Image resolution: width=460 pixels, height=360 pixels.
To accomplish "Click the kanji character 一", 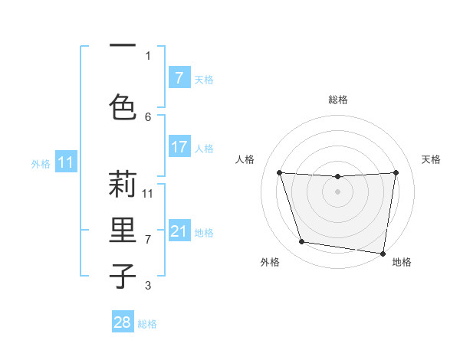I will (123, 46).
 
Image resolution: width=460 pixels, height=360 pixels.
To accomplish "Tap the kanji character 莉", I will (123, 185).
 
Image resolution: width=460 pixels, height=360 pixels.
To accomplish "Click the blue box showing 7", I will (179, 78).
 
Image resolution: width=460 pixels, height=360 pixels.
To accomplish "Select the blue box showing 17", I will (179, 147).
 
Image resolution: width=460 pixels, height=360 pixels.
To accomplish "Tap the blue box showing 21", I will (179, 231).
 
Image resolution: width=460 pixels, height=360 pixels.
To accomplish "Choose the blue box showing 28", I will (123, 322).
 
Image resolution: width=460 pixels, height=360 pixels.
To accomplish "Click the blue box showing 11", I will (66, 162).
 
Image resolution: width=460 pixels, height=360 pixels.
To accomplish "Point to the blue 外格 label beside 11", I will (41, 163).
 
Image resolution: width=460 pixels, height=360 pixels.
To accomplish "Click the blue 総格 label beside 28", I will (147, 324).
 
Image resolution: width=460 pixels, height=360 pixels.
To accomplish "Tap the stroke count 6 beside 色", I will (148, 116).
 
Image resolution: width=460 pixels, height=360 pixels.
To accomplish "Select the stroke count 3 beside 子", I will (148, 286).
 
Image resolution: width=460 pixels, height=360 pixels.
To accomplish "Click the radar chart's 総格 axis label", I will (338, 100).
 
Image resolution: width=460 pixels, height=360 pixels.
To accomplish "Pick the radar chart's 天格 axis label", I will (431, 159).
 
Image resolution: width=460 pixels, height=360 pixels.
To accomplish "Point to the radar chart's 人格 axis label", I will (245, 159).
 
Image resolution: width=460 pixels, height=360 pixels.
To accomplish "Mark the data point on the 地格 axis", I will (383, 253).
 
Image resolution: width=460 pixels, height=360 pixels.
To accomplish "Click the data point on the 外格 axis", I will (302, 242).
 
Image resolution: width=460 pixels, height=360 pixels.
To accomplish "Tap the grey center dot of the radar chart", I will (338, 191).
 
